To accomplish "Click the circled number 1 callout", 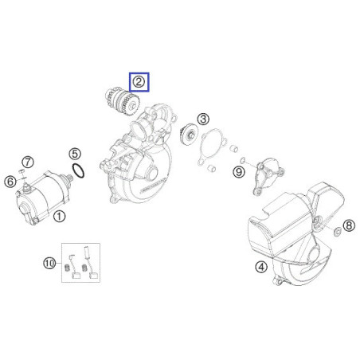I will (61, 215).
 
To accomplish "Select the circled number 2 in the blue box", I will (139, 80).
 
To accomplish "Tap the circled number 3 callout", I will (204, 119).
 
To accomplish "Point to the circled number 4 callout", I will (260, 267).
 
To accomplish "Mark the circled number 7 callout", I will (27, 162).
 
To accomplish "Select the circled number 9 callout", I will (238, 170).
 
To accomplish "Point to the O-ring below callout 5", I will (80, 170).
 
